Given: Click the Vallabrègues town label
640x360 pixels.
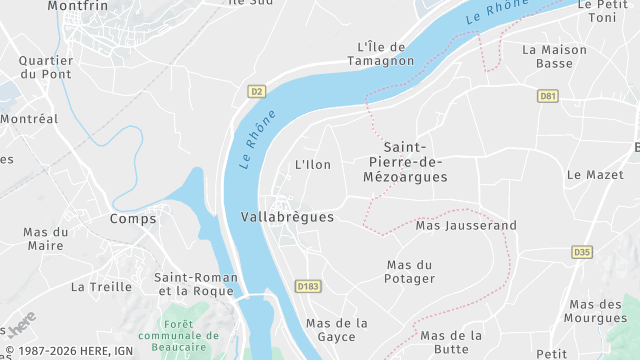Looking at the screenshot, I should click(x=287, y=216).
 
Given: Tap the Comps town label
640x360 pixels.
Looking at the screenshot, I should click(x=134, y=218).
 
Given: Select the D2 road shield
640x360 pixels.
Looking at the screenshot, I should click(x=257, y=91).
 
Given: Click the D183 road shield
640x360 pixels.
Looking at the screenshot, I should click(x=308, y=286).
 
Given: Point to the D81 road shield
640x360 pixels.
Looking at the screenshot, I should click(x=547, y=96).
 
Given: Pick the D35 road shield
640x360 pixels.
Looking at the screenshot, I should click(x=582, y=252).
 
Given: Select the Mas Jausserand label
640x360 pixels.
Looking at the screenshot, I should click(x=466, y=226).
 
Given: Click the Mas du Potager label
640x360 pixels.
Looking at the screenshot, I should click(x=410, y=271).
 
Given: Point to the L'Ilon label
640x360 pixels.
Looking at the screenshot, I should click(x=313, y=164).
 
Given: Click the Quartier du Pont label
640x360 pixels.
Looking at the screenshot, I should click(x=46, y=67).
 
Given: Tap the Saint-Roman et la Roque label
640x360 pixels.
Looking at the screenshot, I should click(x=196, y=284).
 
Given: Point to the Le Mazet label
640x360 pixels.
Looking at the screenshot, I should click(x=595, y=174).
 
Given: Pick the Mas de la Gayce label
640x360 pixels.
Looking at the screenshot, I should click(x=337, y=330).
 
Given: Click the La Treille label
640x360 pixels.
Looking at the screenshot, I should click(x=101, y=286).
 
